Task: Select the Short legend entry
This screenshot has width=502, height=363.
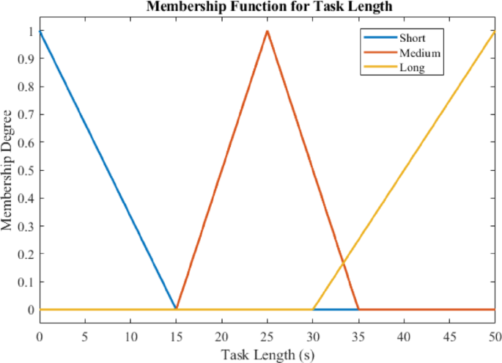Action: click(x=411, y=37)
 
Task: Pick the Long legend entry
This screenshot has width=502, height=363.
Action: click(x=411, y=68)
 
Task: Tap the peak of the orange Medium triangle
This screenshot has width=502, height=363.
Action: click(x=267, y=31)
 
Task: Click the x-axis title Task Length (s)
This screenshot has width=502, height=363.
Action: click(x=267, y=355)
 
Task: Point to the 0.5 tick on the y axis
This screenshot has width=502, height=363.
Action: click(x=25, y=170)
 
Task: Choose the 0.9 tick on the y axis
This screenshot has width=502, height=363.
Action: click(x=25, y=59)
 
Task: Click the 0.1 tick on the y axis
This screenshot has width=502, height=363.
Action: click(x=25, y=282)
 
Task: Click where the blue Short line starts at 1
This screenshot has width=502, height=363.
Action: click(x=40, y=31)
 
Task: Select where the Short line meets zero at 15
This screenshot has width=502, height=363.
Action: click(x=176, y=309)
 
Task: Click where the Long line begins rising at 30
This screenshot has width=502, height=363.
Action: click(x=313, y=309)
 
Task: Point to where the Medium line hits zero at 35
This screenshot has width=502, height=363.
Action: click(x=358, y=309)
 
